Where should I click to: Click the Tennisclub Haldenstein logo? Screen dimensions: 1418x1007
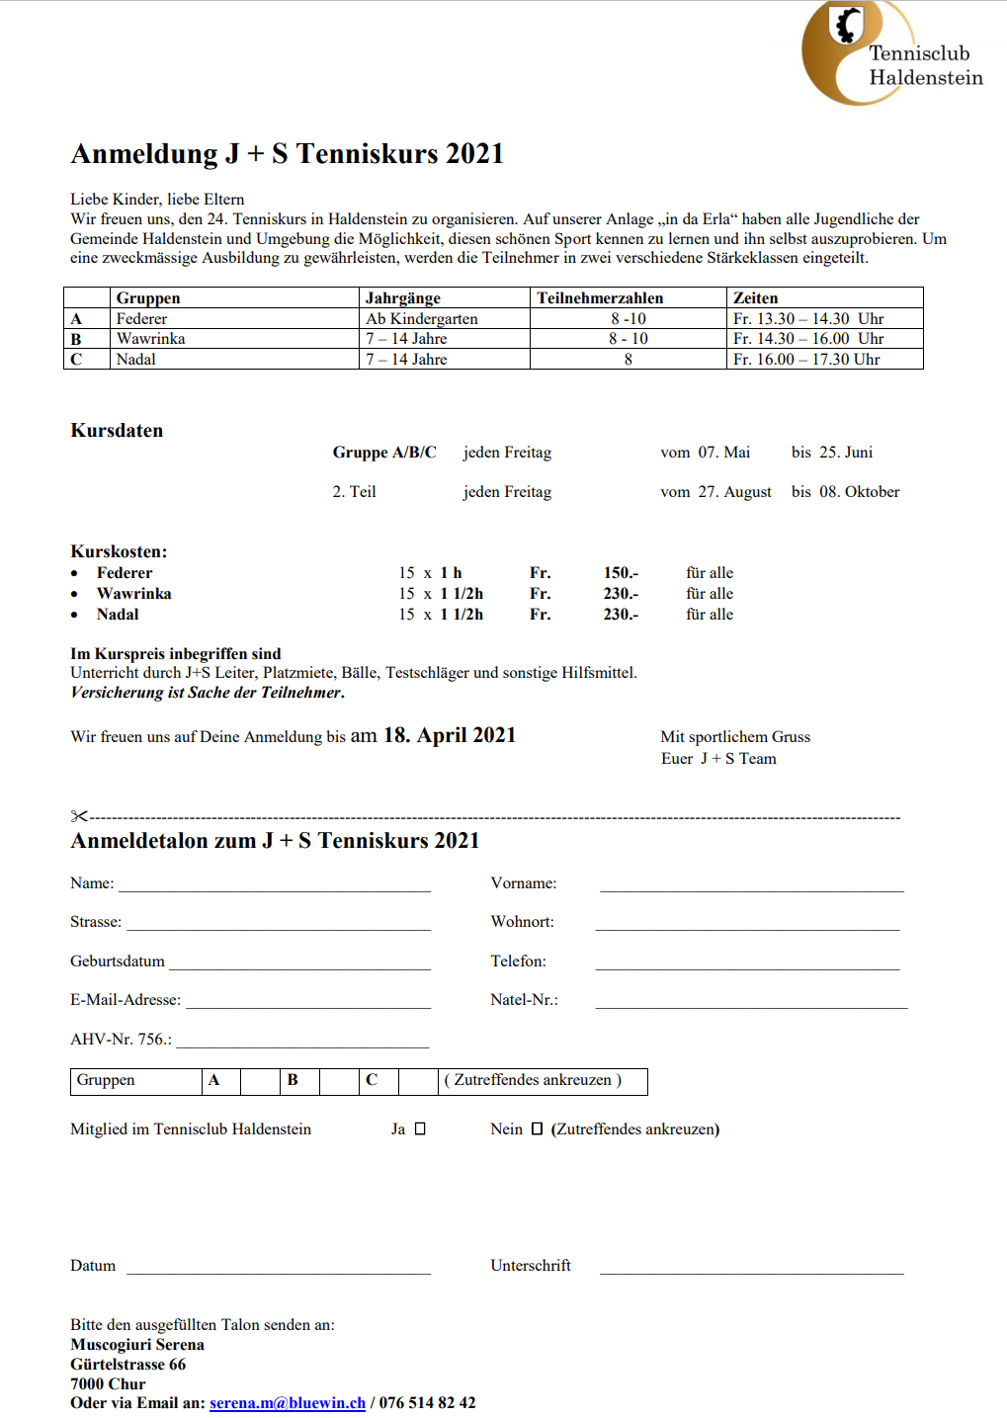[889, 53]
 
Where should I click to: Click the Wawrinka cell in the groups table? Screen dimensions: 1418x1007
[151, 339]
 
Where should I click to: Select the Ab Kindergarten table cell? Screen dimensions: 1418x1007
[422, 319]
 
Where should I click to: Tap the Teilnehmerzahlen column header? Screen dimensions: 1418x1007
[600, 298]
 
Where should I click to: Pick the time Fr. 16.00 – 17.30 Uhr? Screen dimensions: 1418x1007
[806, 360]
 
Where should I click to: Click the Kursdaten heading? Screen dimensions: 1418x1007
[117, 431]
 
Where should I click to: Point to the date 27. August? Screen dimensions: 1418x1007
[734, 492]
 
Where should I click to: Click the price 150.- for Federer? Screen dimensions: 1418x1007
[621, 573]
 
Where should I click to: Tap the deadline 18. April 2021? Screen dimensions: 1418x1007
[450, 735]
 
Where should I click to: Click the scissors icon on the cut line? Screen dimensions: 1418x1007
[79, 816]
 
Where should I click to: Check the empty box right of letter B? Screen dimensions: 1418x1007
[338, 1081]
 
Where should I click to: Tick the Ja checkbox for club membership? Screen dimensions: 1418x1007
[420, 1129]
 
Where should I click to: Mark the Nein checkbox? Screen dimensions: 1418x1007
[537, 1129]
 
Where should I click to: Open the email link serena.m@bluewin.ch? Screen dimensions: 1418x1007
[288, 1403]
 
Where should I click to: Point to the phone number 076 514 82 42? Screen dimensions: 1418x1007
[427, 1403]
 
